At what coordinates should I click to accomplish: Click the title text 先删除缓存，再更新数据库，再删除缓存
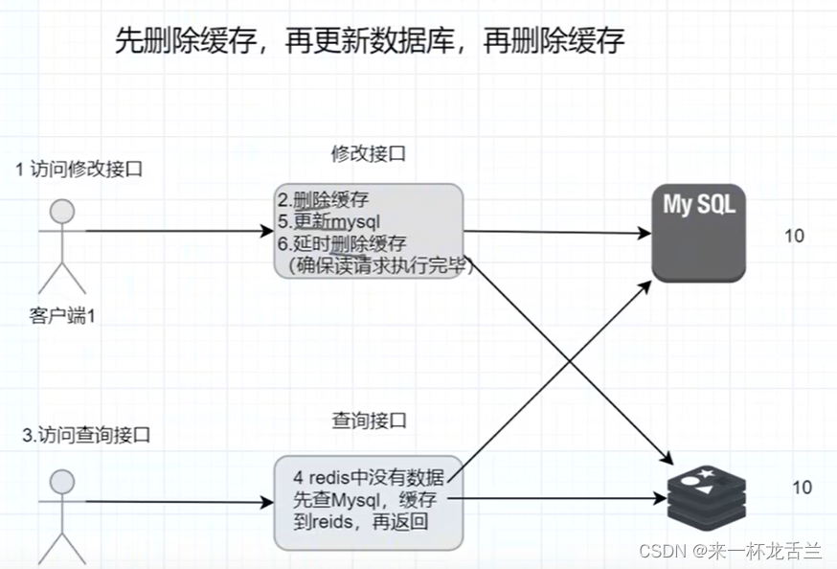370,39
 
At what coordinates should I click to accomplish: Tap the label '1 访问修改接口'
79,170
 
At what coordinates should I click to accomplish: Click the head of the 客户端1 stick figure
62,211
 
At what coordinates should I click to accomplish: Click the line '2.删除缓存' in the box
323,199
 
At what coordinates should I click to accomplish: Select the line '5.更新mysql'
331,221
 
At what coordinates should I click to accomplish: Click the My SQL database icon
699,233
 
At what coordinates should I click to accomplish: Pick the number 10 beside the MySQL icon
794,236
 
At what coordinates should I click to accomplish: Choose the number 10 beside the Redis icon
802,488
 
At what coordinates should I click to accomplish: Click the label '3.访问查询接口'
86,434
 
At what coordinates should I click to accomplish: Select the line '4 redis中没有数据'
369,477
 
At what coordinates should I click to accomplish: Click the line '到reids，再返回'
362,522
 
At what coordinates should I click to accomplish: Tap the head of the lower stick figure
62,482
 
